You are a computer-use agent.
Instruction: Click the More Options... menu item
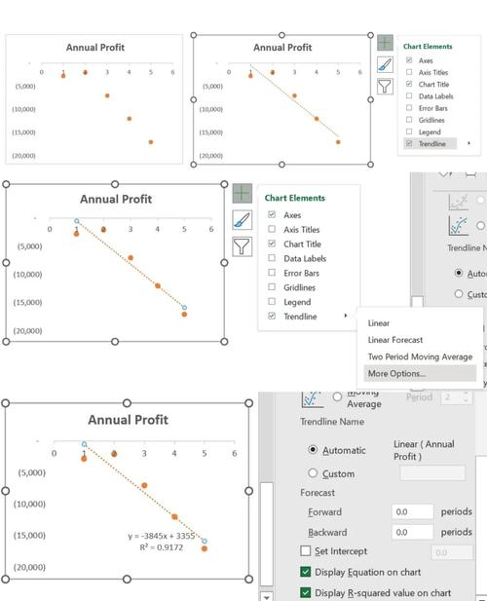396,373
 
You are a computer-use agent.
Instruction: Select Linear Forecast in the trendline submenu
394,340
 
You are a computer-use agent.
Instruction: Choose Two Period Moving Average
419,357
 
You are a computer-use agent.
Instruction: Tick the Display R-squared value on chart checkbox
306,592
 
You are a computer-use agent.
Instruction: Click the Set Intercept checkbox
306,551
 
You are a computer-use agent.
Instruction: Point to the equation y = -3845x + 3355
162,536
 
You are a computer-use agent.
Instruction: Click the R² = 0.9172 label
163,547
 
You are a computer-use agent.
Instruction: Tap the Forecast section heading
317,493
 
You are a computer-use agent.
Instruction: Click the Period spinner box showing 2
453,397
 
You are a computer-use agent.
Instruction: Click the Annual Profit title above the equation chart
128,420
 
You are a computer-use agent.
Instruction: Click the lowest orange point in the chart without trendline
151,142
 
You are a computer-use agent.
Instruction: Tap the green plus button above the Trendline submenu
242,194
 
